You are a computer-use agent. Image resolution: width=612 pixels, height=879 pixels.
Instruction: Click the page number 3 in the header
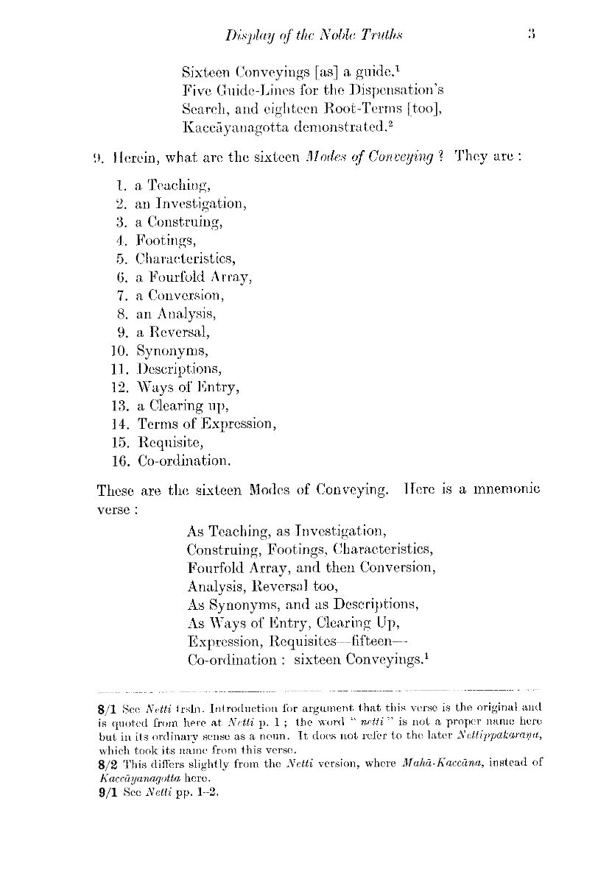[x=530, y=34]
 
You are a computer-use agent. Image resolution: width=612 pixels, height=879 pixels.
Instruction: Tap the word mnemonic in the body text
[x=504, y=491]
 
